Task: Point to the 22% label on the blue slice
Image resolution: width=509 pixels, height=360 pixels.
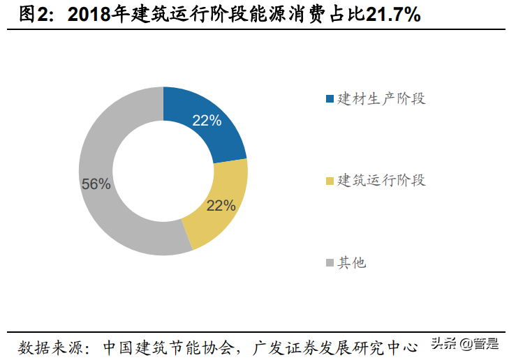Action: click(207, 121)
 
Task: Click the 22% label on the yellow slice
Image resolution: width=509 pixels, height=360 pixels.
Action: click(221, 206)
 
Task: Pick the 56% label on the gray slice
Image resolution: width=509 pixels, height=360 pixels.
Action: click(96, 184)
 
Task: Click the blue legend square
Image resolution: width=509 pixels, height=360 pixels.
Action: click(330, 99)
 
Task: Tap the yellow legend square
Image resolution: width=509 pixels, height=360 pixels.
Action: click(330, 181)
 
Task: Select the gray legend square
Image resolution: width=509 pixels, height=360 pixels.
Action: click(330, 263)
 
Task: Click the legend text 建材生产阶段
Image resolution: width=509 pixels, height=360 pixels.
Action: click(381, 99)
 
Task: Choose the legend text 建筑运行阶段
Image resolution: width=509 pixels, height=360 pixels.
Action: click(381, 181)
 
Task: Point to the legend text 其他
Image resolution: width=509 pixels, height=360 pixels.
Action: click(352, 263)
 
